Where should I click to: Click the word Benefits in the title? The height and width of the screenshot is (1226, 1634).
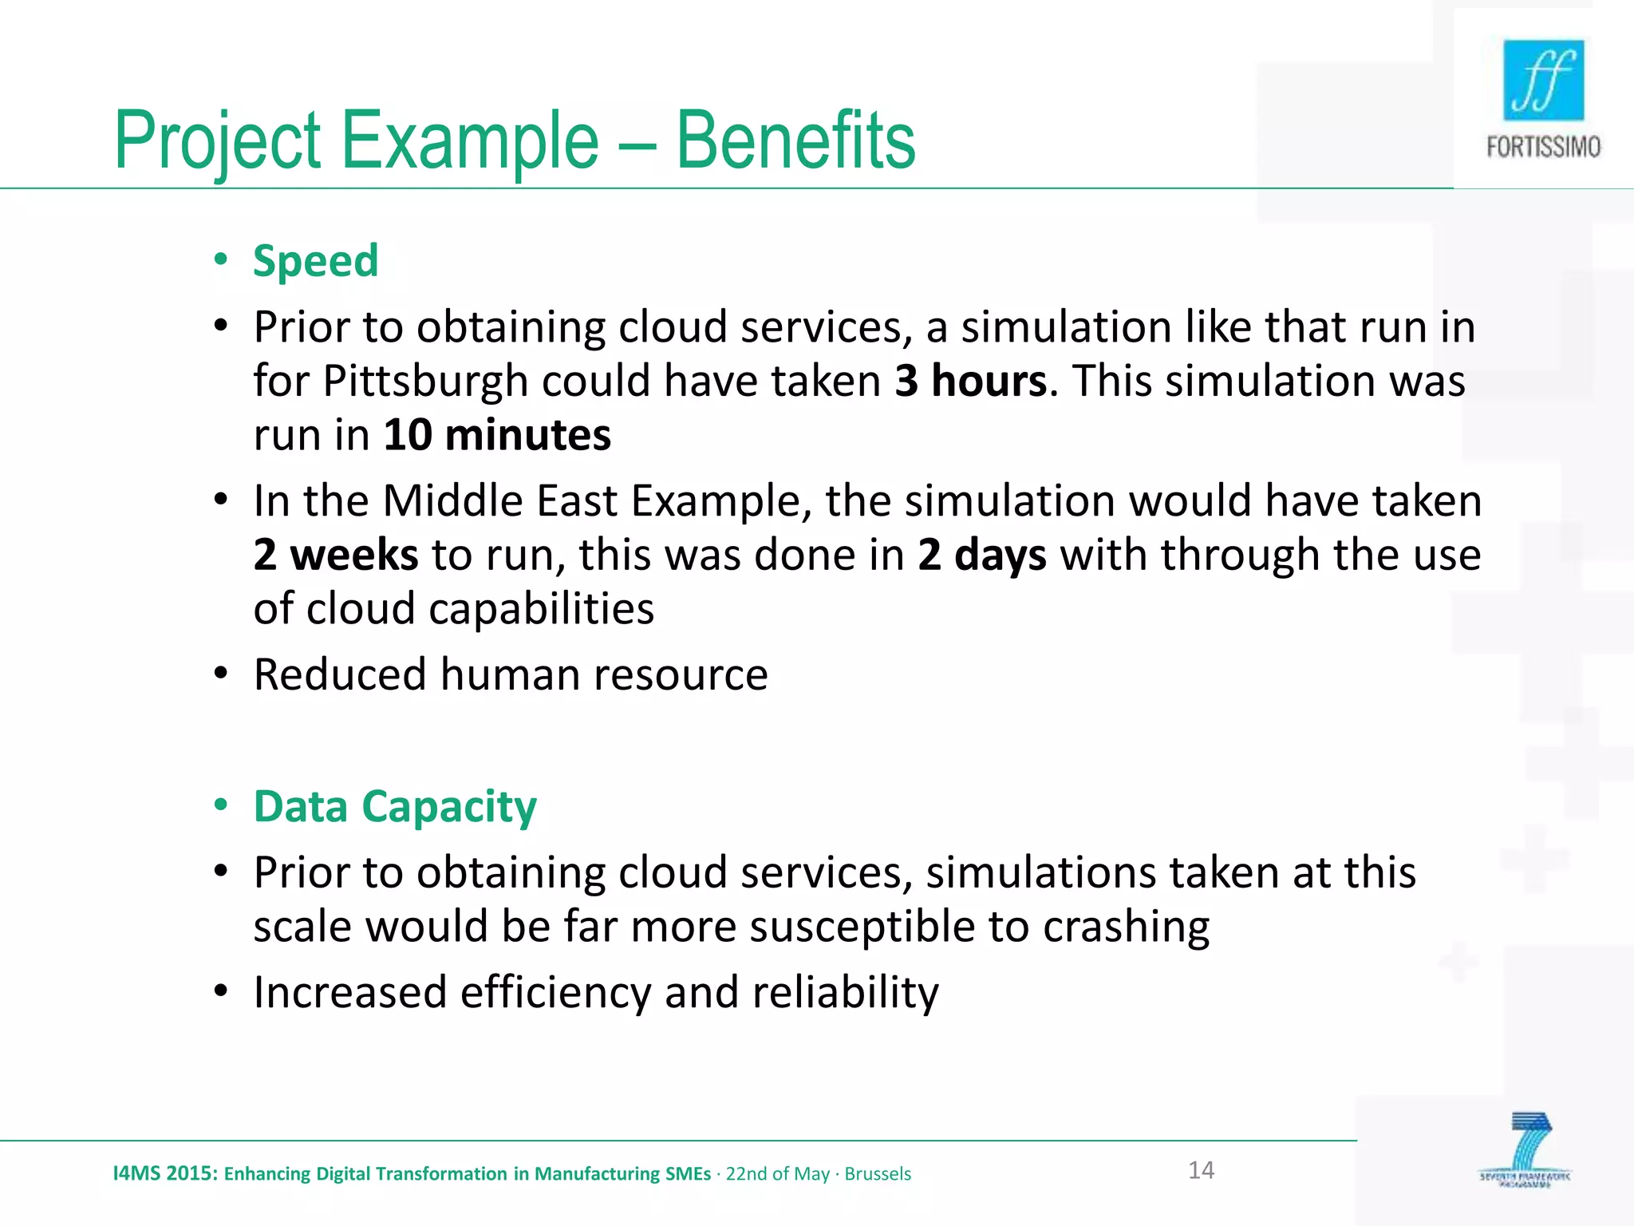click(x=795, y=140)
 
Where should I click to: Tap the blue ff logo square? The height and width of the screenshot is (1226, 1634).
click(x=1543, y=80)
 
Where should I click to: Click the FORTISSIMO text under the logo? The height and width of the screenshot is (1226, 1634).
click(x=1543, y=148)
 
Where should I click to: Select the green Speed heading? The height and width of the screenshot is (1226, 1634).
click(x=315, y=261)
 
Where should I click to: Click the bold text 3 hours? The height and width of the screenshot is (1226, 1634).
click(x=970, y=381)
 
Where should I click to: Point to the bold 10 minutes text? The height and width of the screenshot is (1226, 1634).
click(x=497, y=435)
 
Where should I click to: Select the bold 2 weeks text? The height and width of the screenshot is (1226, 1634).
click(x=335, y=554)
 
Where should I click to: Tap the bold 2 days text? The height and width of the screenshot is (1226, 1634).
click(x=981, y=554)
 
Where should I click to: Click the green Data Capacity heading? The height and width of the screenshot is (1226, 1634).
click(x=395, y=806)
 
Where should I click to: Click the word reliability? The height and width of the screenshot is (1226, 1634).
click(x=845, y=992)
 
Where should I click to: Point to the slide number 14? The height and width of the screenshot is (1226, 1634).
click(x=1201, y=1170)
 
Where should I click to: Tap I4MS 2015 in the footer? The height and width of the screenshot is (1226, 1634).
click(x=164, y=1173)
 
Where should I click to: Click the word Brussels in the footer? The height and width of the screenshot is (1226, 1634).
click(x=878, y=1173)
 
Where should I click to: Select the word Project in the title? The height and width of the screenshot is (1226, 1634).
click(x=217, y=140)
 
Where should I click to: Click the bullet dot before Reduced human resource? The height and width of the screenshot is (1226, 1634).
click(x=221, y=674)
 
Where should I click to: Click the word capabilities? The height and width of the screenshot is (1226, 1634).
click(x=541, y=608)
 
